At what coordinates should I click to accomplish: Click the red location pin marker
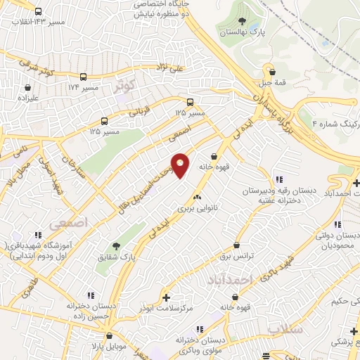pyautogui.click(x=180, y=165)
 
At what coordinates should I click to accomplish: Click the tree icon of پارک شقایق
pyautogui.click(x=116, y=246)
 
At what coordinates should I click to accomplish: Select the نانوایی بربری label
pyautogui.click(x=194, y=209)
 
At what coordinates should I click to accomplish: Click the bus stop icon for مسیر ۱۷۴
pyautogui.click(x=84, y=77)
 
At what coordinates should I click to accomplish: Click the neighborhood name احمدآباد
pyautogui.click(x=229, y=281)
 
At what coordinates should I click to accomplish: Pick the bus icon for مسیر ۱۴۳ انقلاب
pyautogui.click(x=37, y=11)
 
